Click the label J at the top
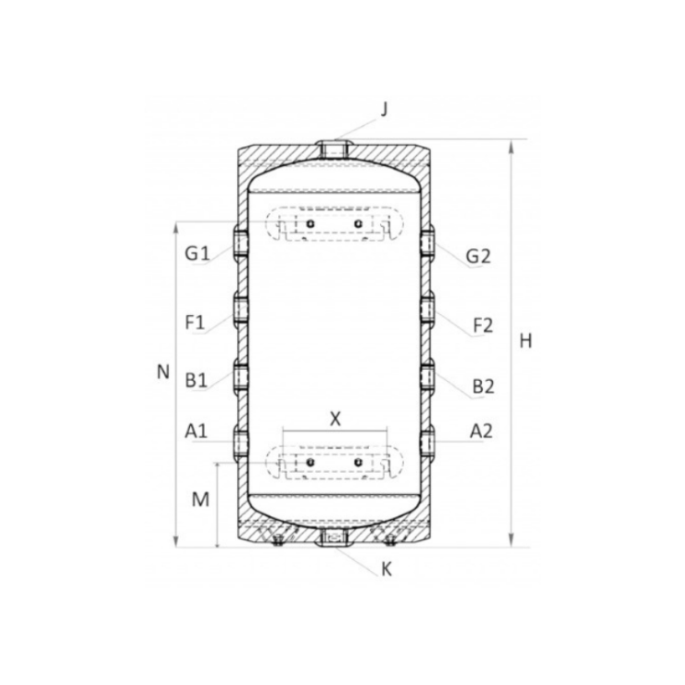click(384, 109)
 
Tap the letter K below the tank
click(387, 569)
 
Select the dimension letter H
click(526, 341)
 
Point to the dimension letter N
click(163, 372)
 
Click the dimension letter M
click(200, 500)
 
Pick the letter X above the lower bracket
click(335, 419)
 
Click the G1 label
click(197, 253)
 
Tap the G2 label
click(478, 256)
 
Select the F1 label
click(195, 323)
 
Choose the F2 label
click(483, 325)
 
